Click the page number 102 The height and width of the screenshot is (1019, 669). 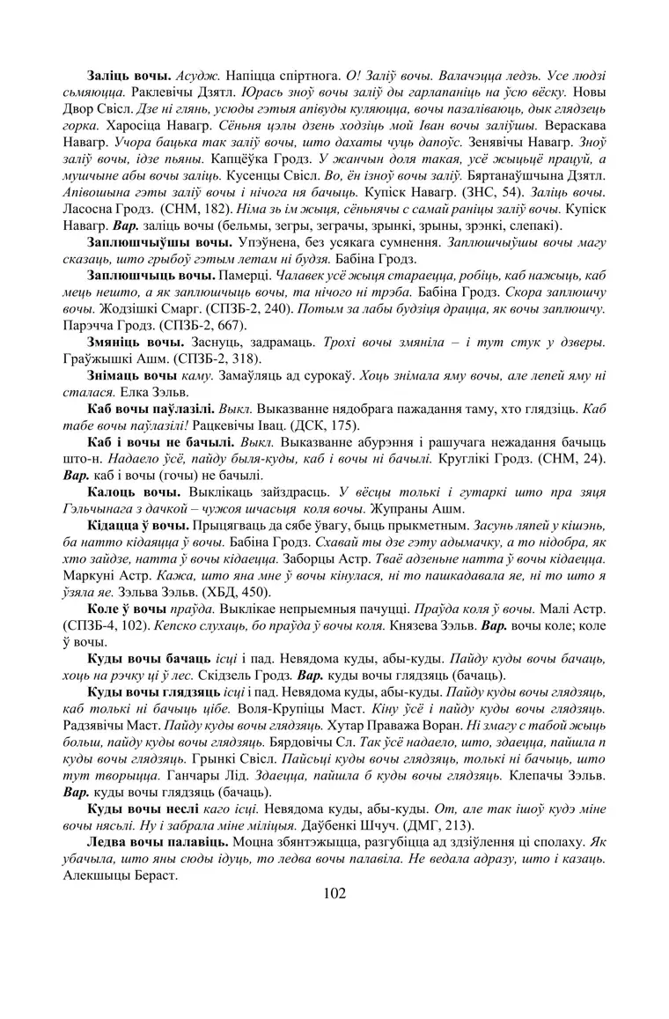[334, 894]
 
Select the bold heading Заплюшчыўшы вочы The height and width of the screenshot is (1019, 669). [160, 240]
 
